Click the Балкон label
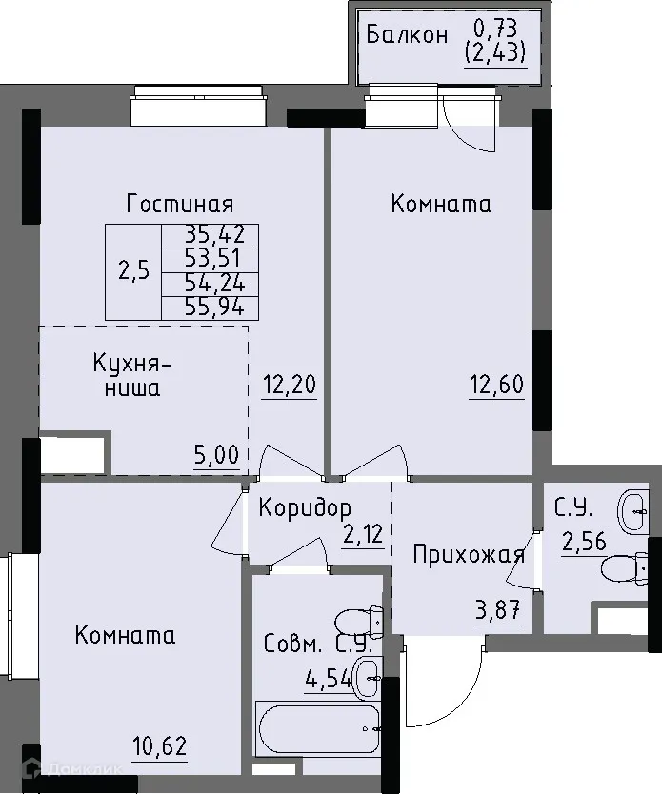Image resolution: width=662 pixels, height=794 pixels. click(x=407, y=36)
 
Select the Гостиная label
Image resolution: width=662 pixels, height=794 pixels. click(x=180, y=204)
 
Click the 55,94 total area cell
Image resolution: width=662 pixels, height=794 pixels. click(x=210, y=307)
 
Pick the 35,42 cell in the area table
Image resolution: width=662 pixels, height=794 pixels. click(x=210, y=235)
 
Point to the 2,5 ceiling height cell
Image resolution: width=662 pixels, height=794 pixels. click(x=133, y=270)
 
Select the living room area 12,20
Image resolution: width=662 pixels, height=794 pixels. click(x=289, y=385)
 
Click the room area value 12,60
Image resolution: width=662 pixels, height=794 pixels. click(x=496, y=386)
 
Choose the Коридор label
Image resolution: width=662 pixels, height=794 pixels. click(x=305, y=507)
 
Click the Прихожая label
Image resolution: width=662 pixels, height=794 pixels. click(x=469, y=555)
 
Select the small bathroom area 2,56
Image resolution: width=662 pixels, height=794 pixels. click(x=583, y=544)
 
